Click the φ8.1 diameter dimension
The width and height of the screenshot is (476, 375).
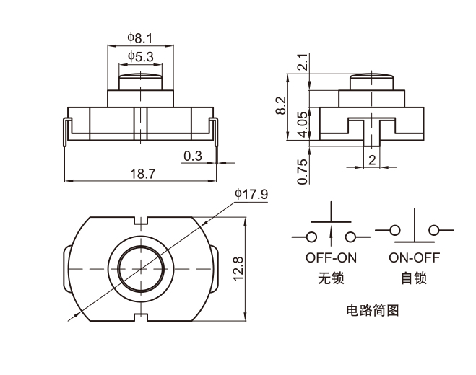click(140, 37)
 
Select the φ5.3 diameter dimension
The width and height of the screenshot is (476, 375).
click(140, 56)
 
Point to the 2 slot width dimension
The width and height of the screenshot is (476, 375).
click(372, 159)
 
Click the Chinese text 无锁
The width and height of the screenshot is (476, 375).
click(332, 278)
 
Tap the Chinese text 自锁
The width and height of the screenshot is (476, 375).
click(414, 278)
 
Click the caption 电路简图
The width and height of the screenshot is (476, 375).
click(373, 312)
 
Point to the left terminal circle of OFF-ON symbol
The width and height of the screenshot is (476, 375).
click(311, 237)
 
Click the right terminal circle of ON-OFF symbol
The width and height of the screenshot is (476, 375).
click(434, 231)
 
